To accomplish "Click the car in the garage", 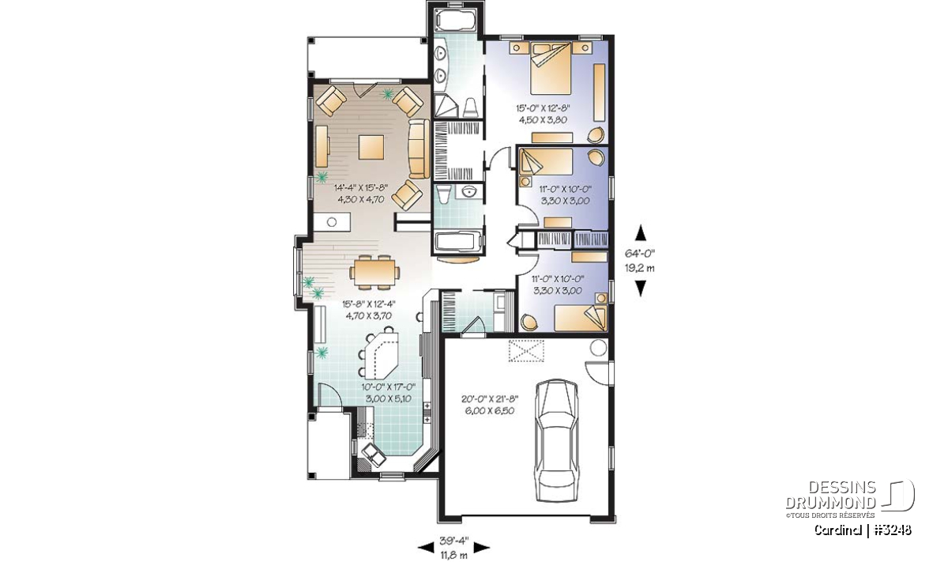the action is [556, 440].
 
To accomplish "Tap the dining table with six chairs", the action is [373, 272].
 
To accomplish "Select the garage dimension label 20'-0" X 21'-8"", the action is [490, 398].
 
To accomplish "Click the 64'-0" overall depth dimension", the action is [640, 253].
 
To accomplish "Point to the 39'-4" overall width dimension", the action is [453, 541].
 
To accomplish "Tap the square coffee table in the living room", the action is [371, 147].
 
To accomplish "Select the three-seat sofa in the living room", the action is [419, 149].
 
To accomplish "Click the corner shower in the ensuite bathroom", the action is [446, 105].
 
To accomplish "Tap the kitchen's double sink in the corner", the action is [371, 455].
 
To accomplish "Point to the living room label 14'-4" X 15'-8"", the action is [361, 187].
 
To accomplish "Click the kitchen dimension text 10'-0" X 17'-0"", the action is [389, 387].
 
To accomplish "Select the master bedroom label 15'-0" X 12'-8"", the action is [543, 108].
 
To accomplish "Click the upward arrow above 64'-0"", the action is [641, 232].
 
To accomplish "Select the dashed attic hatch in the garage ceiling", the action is [526, 351].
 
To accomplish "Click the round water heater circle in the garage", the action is [598, 348].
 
